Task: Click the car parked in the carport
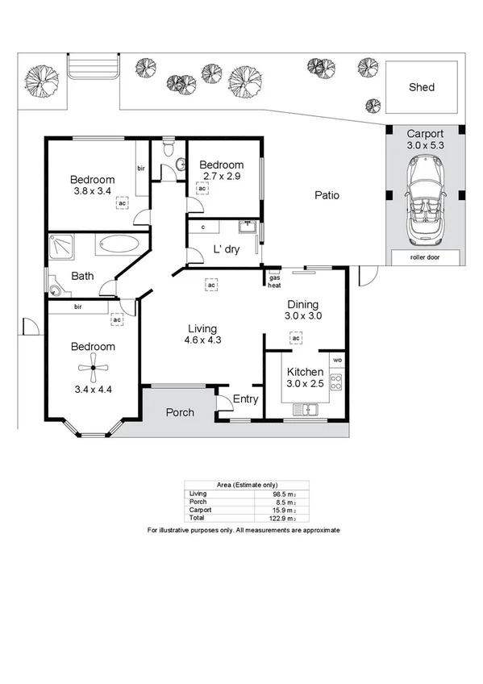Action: click(x=423, y=199)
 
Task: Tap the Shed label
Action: click(x=421, y=87)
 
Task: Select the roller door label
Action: click(x=423, y=258)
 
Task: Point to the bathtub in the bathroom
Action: click(x=120, y=244)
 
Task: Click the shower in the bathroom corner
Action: click(x=61, y=248)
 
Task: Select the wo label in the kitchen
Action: click(x=337, y=359)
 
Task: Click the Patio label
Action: click(x=327, y=195)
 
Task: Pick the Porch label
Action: click(x=179, y=412)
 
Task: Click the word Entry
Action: click(x=245, y=399)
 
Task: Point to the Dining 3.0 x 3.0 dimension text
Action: click(x=303, y=317)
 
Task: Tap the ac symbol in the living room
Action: click(x=211, y=285)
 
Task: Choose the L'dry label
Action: click(x=226, y=249)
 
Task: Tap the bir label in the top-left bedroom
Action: click(x=140, y=169)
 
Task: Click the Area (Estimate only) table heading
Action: click(x=246, y=486)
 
